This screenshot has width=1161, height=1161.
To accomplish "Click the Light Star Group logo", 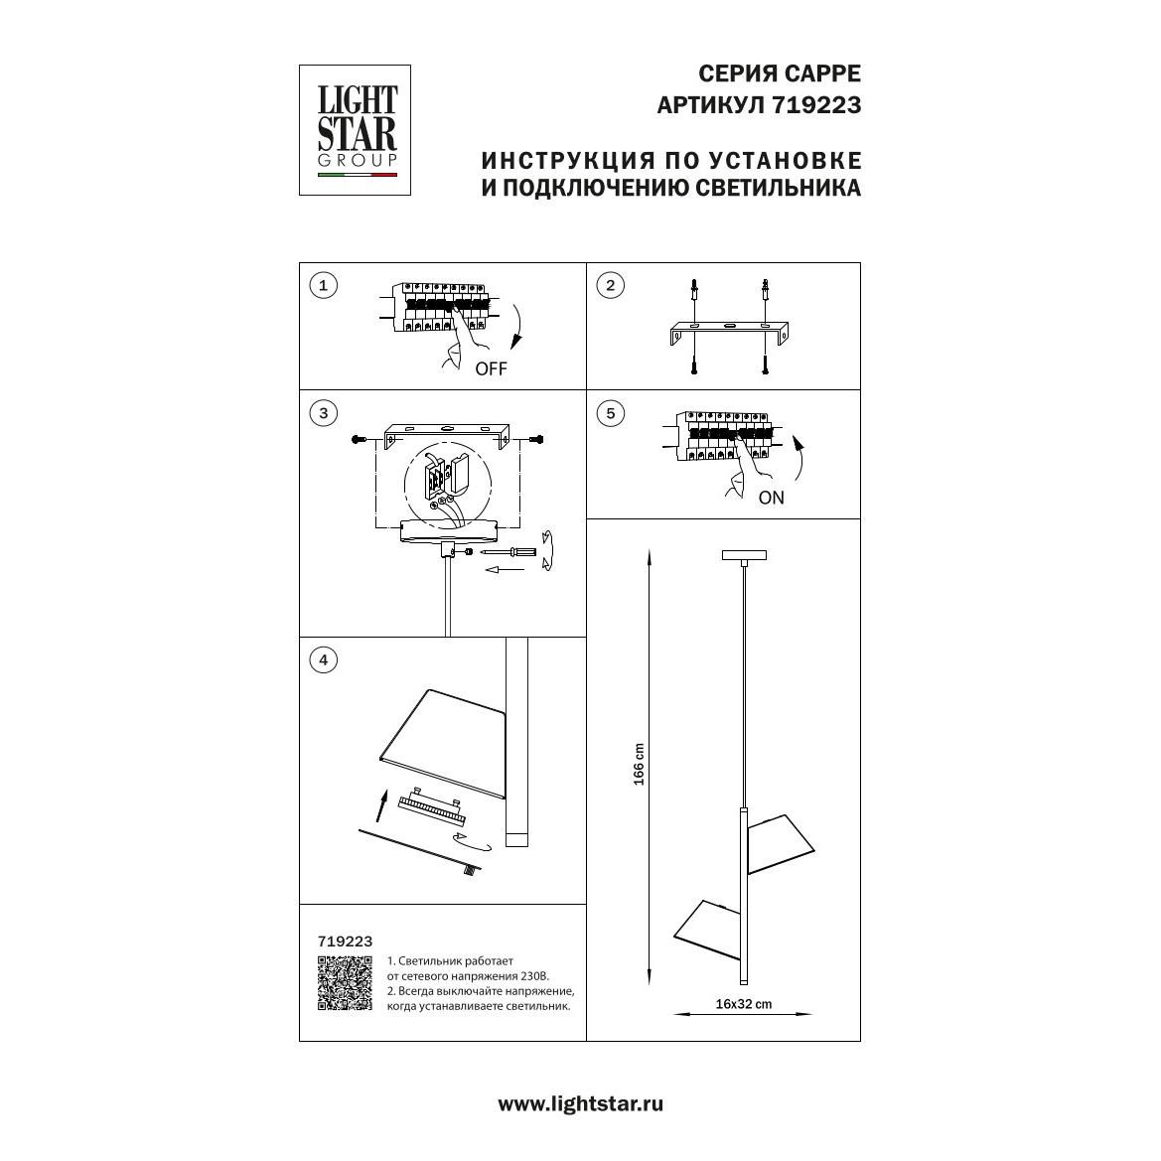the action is (x=355, y=130).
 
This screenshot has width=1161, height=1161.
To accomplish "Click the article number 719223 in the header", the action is (x=816, y=106).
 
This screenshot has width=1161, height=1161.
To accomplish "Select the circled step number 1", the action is (x=324, y=285).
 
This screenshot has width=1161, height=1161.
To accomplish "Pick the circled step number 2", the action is (x=611, y=285).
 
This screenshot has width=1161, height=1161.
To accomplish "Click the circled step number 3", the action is (x=324, y=413).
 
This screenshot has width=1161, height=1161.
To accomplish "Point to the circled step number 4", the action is (x=324, y=659).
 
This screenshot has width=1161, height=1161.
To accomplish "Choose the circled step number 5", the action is (x=611, y=413).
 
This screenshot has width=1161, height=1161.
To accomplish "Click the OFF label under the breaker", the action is (x=492, y=368).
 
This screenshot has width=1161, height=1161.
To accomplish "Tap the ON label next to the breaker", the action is (x=772, y=498).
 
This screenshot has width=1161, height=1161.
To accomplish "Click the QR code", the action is (x=345, y=983).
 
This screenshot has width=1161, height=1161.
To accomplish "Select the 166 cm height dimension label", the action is (x=639, y=764).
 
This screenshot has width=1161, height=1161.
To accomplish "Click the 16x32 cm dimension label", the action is (x=744, y=1004).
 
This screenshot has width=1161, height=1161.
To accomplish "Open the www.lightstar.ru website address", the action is (x=580, y=1104).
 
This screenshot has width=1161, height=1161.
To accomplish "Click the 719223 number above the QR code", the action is (x=345, y=942).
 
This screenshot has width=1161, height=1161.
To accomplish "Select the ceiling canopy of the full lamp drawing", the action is (x=744, y=555).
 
